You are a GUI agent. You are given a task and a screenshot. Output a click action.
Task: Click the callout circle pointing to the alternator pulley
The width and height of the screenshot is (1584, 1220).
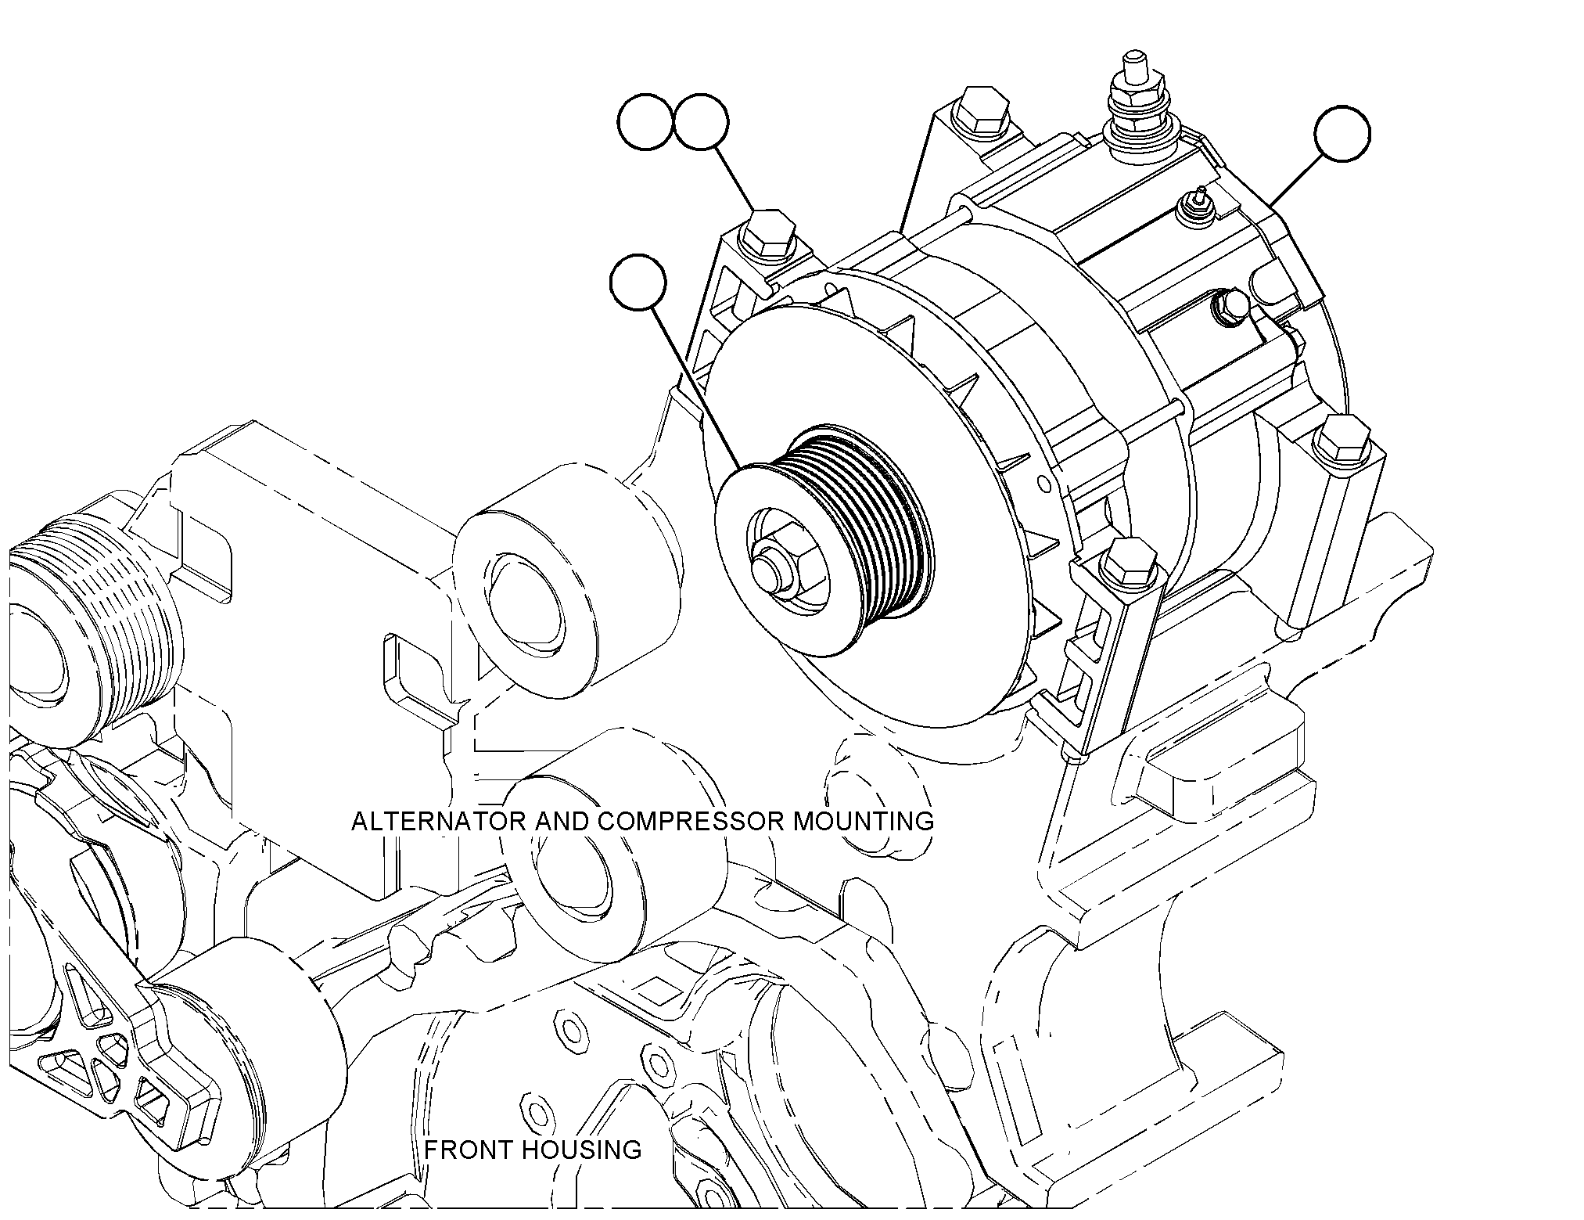pos(638,284)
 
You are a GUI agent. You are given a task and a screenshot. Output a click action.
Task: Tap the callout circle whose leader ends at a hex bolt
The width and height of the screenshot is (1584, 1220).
pos(701,122)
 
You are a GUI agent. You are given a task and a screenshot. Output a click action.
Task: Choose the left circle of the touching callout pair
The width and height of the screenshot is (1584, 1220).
pos(646,122)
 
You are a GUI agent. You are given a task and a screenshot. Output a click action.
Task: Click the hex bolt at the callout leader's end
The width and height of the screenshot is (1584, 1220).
pos(768,235)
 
